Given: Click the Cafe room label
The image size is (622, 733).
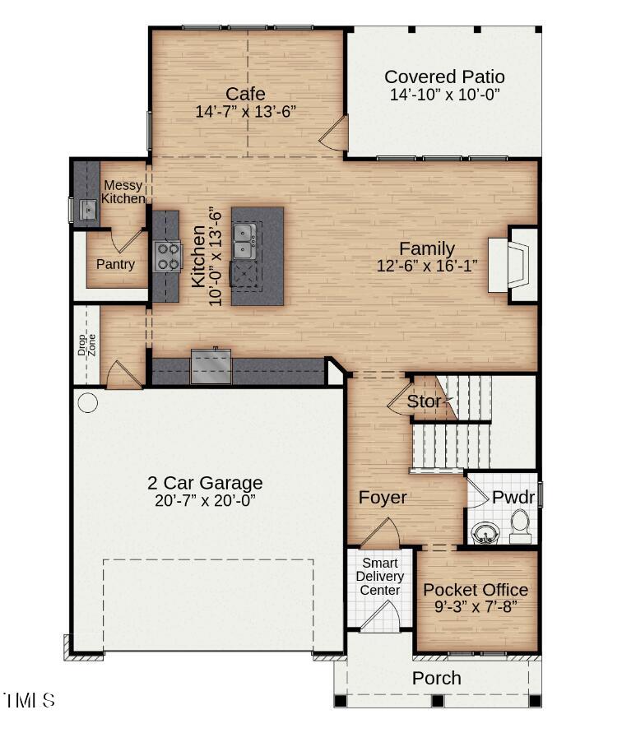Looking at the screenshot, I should point(245,93).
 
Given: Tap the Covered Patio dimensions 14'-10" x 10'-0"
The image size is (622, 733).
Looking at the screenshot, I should point(444,95).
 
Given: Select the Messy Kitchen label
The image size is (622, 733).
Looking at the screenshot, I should point(123,193).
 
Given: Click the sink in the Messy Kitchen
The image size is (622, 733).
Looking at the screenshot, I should point(86,211).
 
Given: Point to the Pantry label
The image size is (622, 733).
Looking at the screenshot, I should point(115,264).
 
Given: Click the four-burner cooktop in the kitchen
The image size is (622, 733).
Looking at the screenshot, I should point(168,256).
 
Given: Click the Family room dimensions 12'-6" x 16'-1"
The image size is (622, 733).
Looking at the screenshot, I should point(426,265).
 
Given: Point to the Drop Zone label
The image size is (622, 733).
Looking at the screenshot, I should point(86,344).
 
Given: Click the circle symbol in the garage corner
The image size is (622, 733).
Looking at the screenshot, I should point(87,403).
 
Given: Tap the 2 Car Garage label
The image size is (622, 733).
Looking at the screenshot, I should point(205,483).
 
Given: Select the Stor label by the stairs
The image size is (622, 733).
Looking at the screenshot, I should point(425,402).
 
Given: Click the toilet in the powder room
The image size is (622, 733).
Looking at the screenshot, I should point(520,526).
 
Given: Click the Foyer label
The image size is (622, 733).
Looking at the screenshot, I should point(382,498).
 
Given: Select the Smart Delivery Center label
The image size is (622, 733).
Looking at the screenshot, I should point(379,577).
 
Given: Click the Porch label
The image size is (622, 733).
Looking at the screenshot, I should point(436,679).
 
